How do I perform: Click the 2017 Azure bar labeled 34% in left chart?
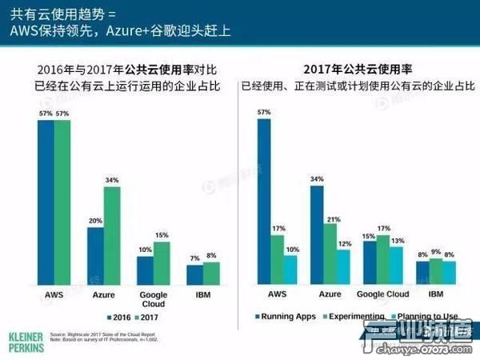tap(112, 236)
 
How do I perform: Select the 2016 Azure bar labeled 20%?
tap(95, 256)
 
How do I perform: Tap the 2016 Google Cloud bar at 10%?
tap(145, 270)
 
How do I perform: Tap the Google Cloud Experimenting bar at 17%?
tap(383, 260)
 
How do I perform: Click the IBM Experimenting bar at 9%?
tap(436, 271)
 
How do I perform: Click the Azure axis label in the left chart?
tap(104, 295)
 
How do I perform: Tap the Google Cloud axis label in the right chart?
tap(382, 295)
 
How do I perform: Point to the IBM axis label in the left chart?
tap(203, 295)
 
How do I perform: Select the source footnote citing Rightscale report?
tap(104, 337)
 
